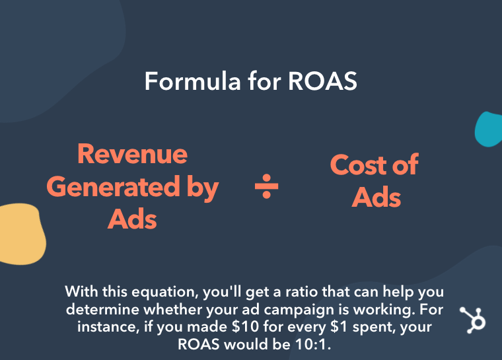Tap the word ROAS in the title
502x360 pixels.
click(x=323, y=82)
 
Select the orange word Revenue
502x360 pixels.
click(x=132, y=155)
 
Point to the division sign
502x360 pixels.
click(x=267, y=188)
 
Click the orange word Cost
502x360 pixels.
click(x=357, y=165)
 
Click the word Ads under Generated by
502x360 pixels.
click(x=132, y=219)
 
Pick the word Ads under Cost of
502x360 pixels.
click(x=375, y=197)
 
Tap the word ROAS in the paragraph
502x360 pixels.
click(x=201, y=344)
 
